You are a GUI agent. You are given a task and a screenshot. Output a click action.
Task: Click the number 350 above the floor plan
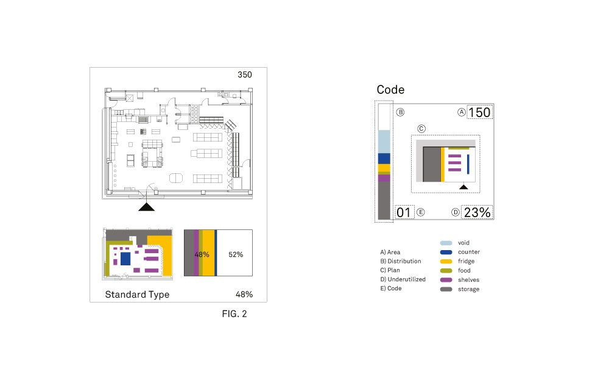pyautogui.click(x=244, y=75)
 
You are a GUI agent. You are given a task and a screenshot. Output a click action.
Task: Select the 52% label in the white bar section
pyautogui.click(x=235, y=254)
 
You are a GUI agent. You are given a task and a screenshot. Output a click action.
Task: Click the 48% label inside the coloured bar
pyautogui.click(x=202, y=254)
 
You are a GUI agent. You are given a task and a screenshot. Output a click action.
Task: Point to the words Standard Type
pyautogui.click(x=137, y=295)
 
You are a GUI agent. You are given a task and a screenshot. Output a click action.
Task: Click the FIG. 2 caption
pyautogui.click(x=234, y=315)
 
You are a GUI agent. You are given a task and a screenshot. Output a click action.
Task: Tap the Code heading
pyautogui.click(x=390, y=90)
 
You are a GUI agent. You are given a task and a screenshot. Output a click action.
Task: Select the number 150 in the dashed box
pyautogui.click(x=479, y=112)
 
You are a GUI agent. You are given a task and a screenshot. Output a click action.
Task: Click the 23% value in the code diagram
pyautogui.click(x=477, y=212)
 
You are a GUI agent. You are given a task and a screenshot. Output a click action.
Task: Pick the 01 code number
pyautogui.click(x=403, y=212)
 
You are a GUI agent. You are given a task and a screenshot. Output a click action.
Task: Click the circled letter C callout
pyautogui.click(x=421, y=129)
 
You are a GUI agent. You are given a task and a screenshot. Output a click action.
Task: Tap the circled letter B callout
pyautogui.click(x=400, y=112)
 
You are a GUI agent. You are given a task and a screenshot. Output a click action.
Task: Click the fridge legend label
pyautogui.click(x=466, y=261)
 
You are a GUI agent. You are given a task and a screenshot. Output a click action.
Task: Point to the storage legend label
pyautogui.click(x=468, y=289)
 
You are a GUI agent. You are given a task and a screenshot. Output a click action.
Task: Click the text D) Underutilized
pyautogui.click(x=403, y=279)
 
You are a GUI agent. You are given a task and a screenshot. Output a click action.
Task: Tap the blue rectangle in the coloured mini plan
pyautogui.click(x=125, y=259)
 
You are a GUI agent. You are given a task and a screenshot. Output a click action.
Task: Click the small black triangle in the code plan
pyautogui.click(x=463, y=187)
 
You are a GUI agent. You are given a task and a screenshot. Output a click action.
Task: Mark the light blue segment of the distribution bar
pyautogui.click(x=384, y=141)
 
